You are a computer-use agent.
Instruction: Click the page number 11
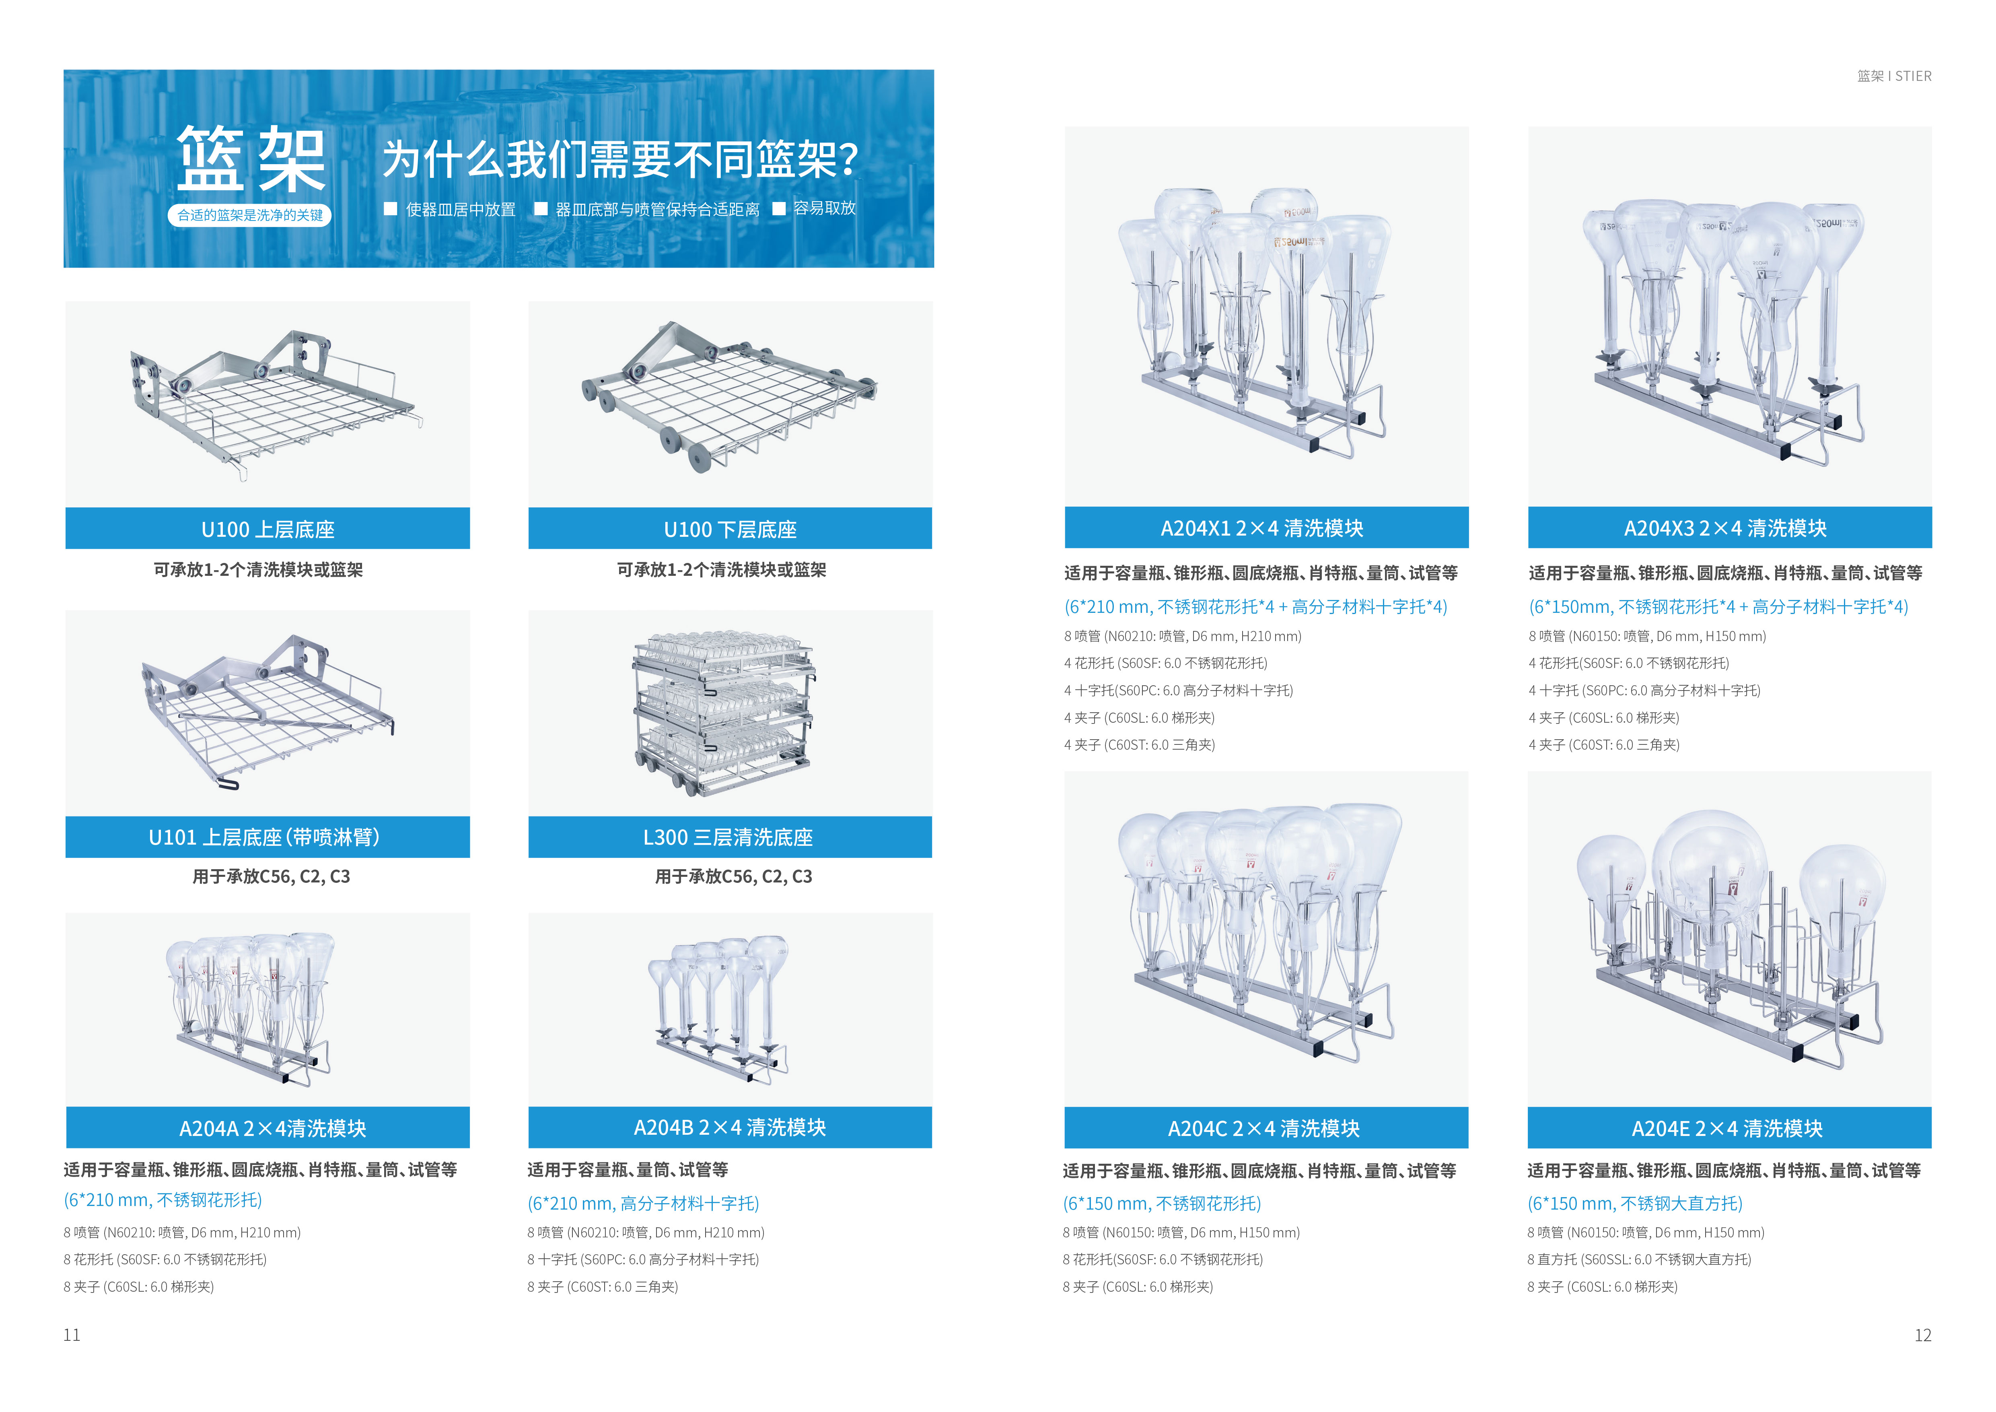pos(71,1335)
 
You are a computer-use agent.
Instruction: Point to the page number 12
pos(1922,1335)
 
